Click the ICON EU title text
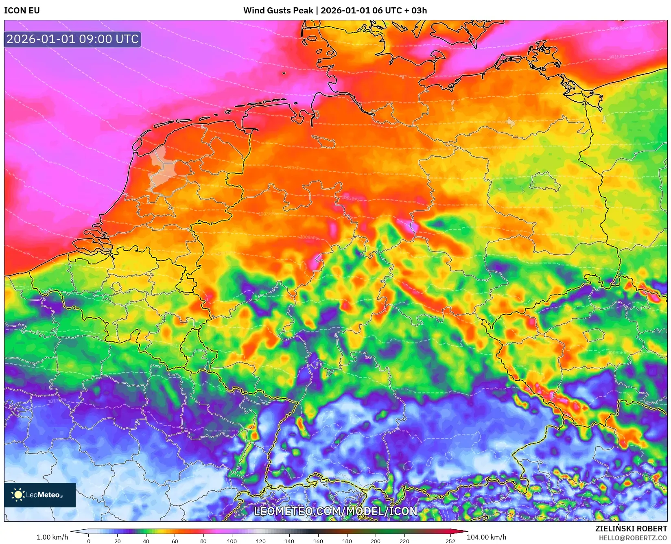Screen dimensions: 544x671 [x=22, y=11]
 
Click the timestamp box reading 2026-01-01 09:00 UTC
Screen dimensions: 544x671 [x=72, y=39]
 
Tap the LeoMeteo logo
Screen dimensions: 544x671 [x=39, y=495]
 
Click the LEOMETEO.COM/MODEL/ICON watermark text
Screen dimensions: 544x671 [x=336, y=511]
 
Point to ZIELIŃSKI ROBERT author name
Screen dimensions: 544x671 [x=631, y=529]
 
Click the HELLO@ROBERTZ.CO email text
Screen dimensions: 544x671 [x=633, y=538]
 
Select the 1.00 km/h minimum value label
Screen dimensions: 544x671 [x=52, y=537]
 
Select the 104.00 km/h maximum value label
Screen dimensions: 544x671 [x=486, y=537]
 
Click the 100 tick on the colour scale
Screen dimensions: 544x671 [x=232, y=541]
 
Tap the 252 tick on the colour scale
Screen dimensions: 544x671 [x=450, y=541]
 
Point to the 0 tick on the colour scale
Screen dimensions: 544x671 [x=89, y=541]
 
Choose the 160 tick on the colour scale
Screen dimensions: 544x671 [x=318, y=541]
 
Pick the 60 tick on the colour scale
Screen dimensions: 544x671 [x=175, y=541]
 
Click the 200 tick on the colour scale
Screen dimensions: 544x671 [x=376, y=541]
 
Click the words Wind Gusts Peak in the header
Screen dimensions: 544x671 [x=278, y=11]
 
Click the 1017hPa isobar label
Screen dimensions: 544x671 [x=57, y=401]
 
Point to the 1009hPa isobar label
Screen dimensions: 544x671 [x=617, y=352]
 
